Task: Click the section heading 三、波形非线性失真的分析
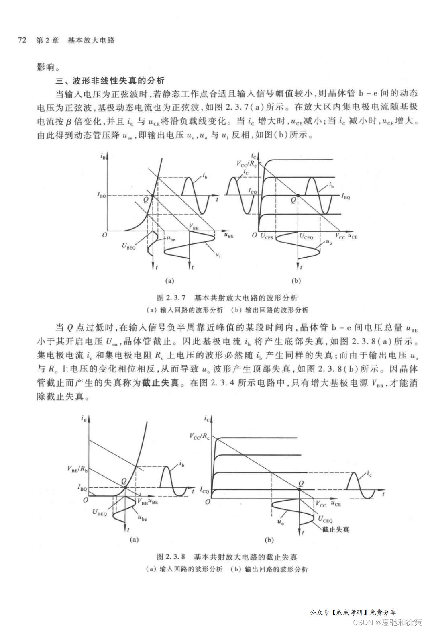pos(110,80)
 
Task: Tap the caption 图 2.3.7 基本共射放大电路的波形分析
pos(227,298)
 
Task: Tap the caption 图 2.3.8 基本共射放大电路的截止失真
pos(227,557)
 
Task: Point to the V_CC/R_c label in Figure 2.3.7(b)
pos(246,164)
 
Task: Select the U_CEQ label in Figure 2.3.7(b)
pos(306,237)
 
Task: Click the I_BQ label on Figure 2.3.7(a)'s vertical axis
pos(101,195)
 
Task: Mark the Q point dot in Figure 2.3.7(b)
pos(298,196)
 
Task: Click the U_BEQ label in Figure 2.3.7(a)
pos(129,245)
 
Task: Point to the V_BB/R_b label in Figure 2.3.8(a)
pos(77,469)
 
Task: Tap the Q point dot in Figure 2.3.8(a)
pos(125,487)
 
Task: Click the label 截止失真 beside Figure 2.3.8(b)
pos(336,530)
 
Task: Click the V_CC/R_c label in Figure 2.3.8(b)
pos(200,436)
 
